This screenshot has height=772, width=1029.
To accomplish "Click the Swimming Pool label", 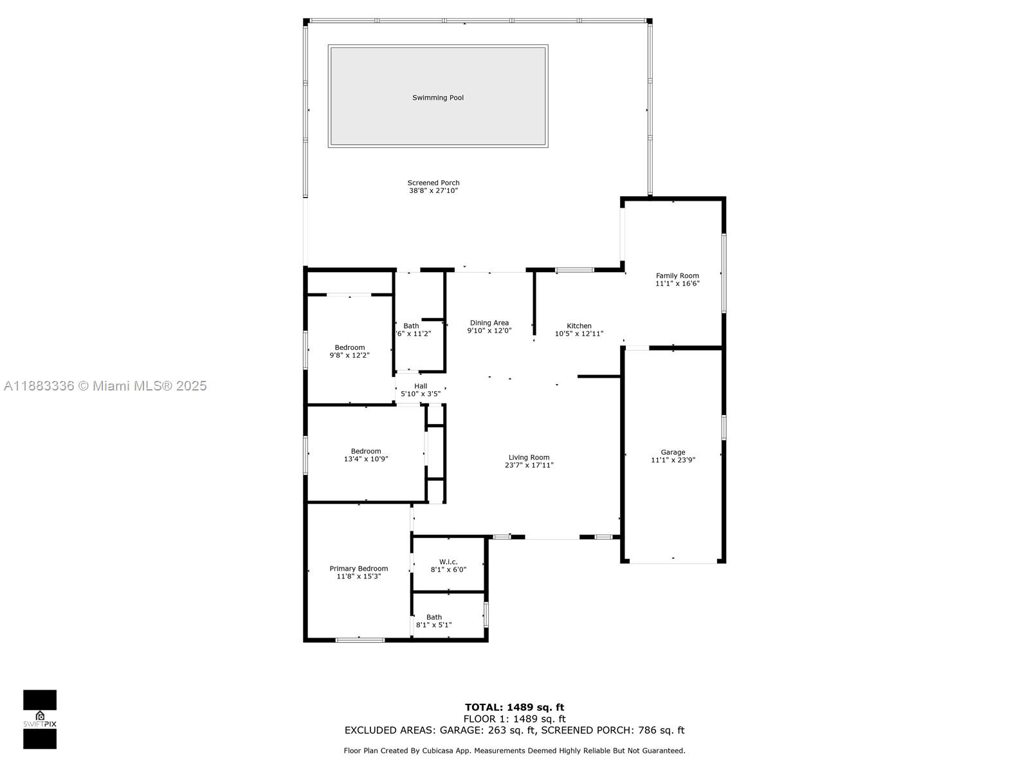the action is tap(437, 98).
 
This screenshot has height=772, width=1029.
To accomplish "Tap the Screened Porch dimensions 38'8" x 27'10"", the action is tap(433, 190).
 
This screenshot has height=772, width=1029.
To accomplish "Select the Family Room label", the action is tap(677, 275).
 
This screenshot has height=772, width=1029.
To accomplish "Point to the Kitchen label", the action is tap(579, 326).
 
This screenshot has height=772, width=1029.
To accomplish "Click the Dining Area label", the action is tap(489, 322).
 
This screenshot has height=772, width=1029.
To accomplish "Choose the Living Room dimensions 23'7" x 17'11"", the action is tap(529, 465).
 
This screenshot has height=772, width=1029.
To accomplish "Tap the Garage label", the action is tap(673, 452).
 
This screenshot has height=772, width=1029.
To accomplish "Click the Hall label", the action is tap(421, 386).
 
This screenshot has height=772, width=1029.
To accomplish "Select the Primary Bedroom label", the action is tap(359, 569).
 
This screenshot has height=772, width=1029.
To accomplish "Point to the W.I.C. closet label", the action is tap(448, 562).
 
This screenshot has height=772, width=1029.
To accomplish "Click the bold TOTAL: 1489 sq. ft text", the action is tap(514, 707).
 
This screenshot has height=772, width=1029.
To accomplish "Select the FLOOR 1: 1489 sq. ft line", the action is tap(514, 719).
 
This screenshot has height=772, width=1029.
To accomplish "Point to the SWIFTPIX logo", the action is tap(40, 719).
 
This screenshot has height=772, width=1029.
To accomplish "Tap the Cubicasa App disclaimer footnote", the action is tap(514, 750).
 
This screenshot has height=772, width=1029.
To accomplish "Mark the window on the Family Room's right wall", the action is tap(724, 273).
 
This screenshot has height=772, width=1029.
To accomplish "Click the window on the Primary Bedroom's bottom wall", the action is tap(360, 640).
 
